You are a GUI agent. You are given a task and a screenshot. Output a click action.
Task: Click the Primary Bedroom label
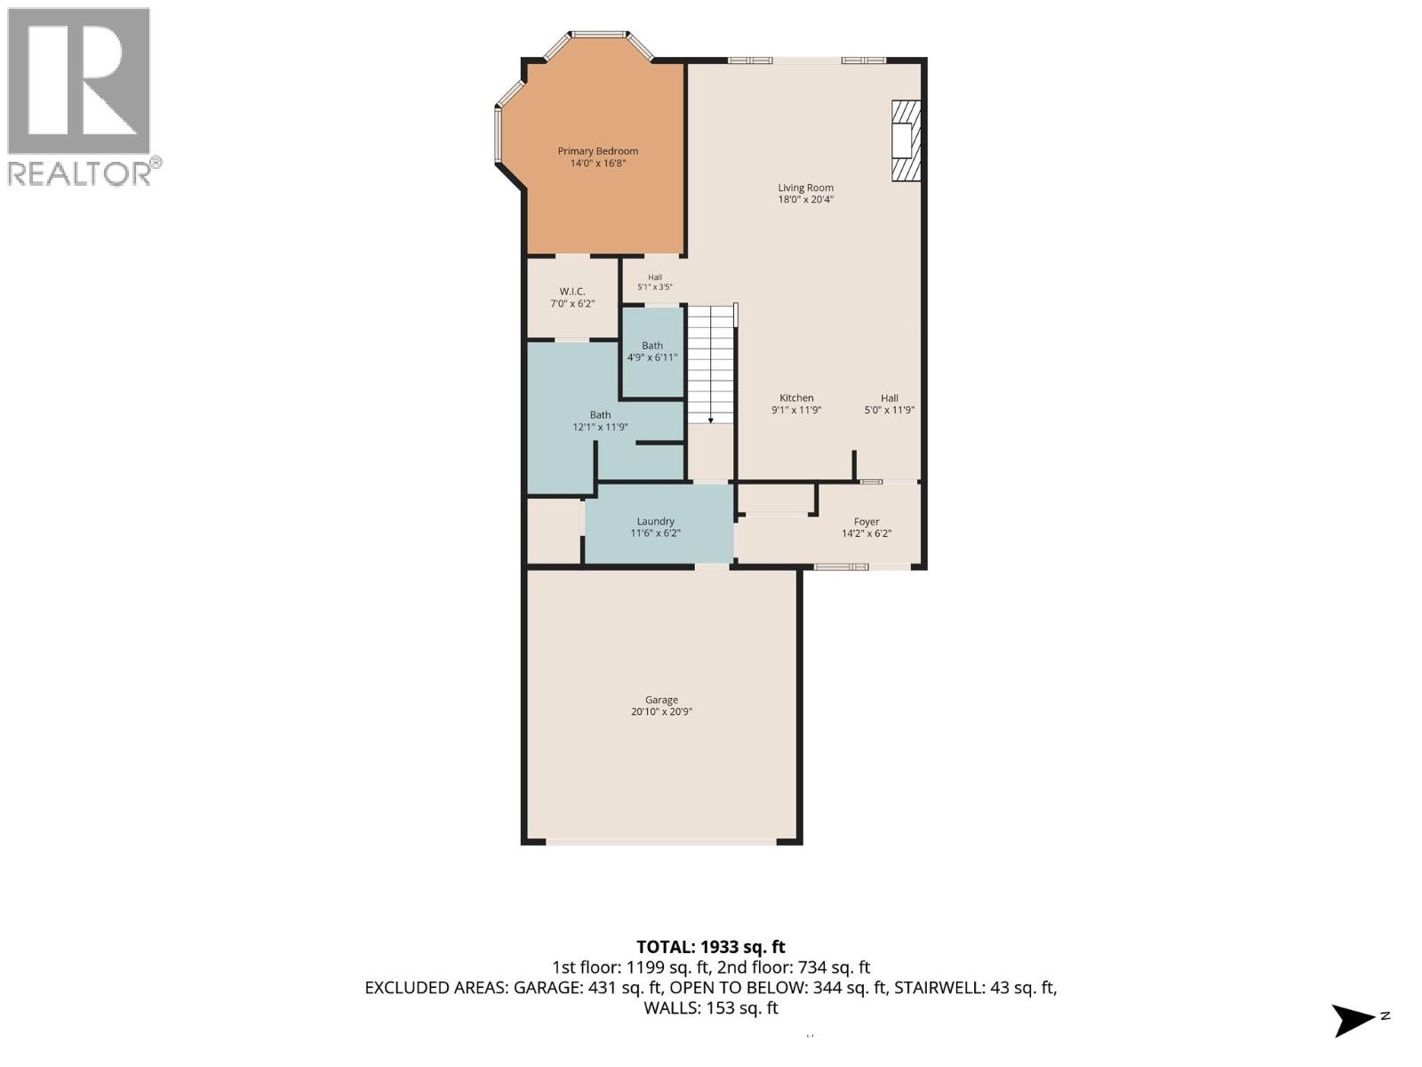tap(597, 151)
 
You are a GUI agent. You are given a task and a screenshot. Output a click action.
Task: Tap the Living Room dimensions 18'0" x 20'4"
tap(805, 199)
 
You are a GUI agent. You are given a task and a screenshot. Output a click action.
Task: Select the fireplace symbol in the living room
tap(906, 140)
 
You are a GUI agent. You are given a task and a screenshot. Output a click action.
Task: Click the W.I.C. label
tap(572, 292)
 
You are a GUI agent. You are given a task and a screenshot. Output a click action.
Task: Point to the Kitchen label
tap(796, 397)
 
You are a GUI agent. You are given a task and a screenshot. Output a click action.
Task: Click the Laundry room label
tap(656, 521)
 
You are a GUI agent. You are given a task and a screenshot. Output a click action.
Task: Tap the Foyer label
tap(867, 522)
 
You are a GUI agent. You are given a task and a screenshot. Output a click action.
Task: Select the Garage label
tap(661, 700)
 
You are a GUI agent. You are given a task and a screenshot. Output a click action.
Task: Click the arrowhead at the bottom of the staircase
tap(711, 421)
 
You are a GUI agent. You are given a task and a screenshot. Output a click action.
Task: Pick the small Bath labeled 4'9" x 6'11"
tap(652, 351)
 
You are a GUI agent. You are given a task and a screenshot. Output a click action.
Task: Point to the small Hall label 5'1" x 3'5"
tap(654, 282)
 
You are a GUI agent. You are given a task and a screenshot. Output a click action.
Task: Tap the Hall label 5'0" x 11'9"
tap(889, 404)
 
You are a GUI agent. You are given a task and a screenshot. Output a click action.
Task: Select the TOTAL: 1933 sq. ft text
tap(711, 947)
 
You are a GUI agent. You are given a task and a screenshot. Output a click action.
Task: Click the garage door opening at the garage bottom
tap(661, 842)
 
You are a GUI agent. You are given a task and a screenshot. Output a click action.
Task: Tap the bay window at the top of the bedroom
tap(599, 33)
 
